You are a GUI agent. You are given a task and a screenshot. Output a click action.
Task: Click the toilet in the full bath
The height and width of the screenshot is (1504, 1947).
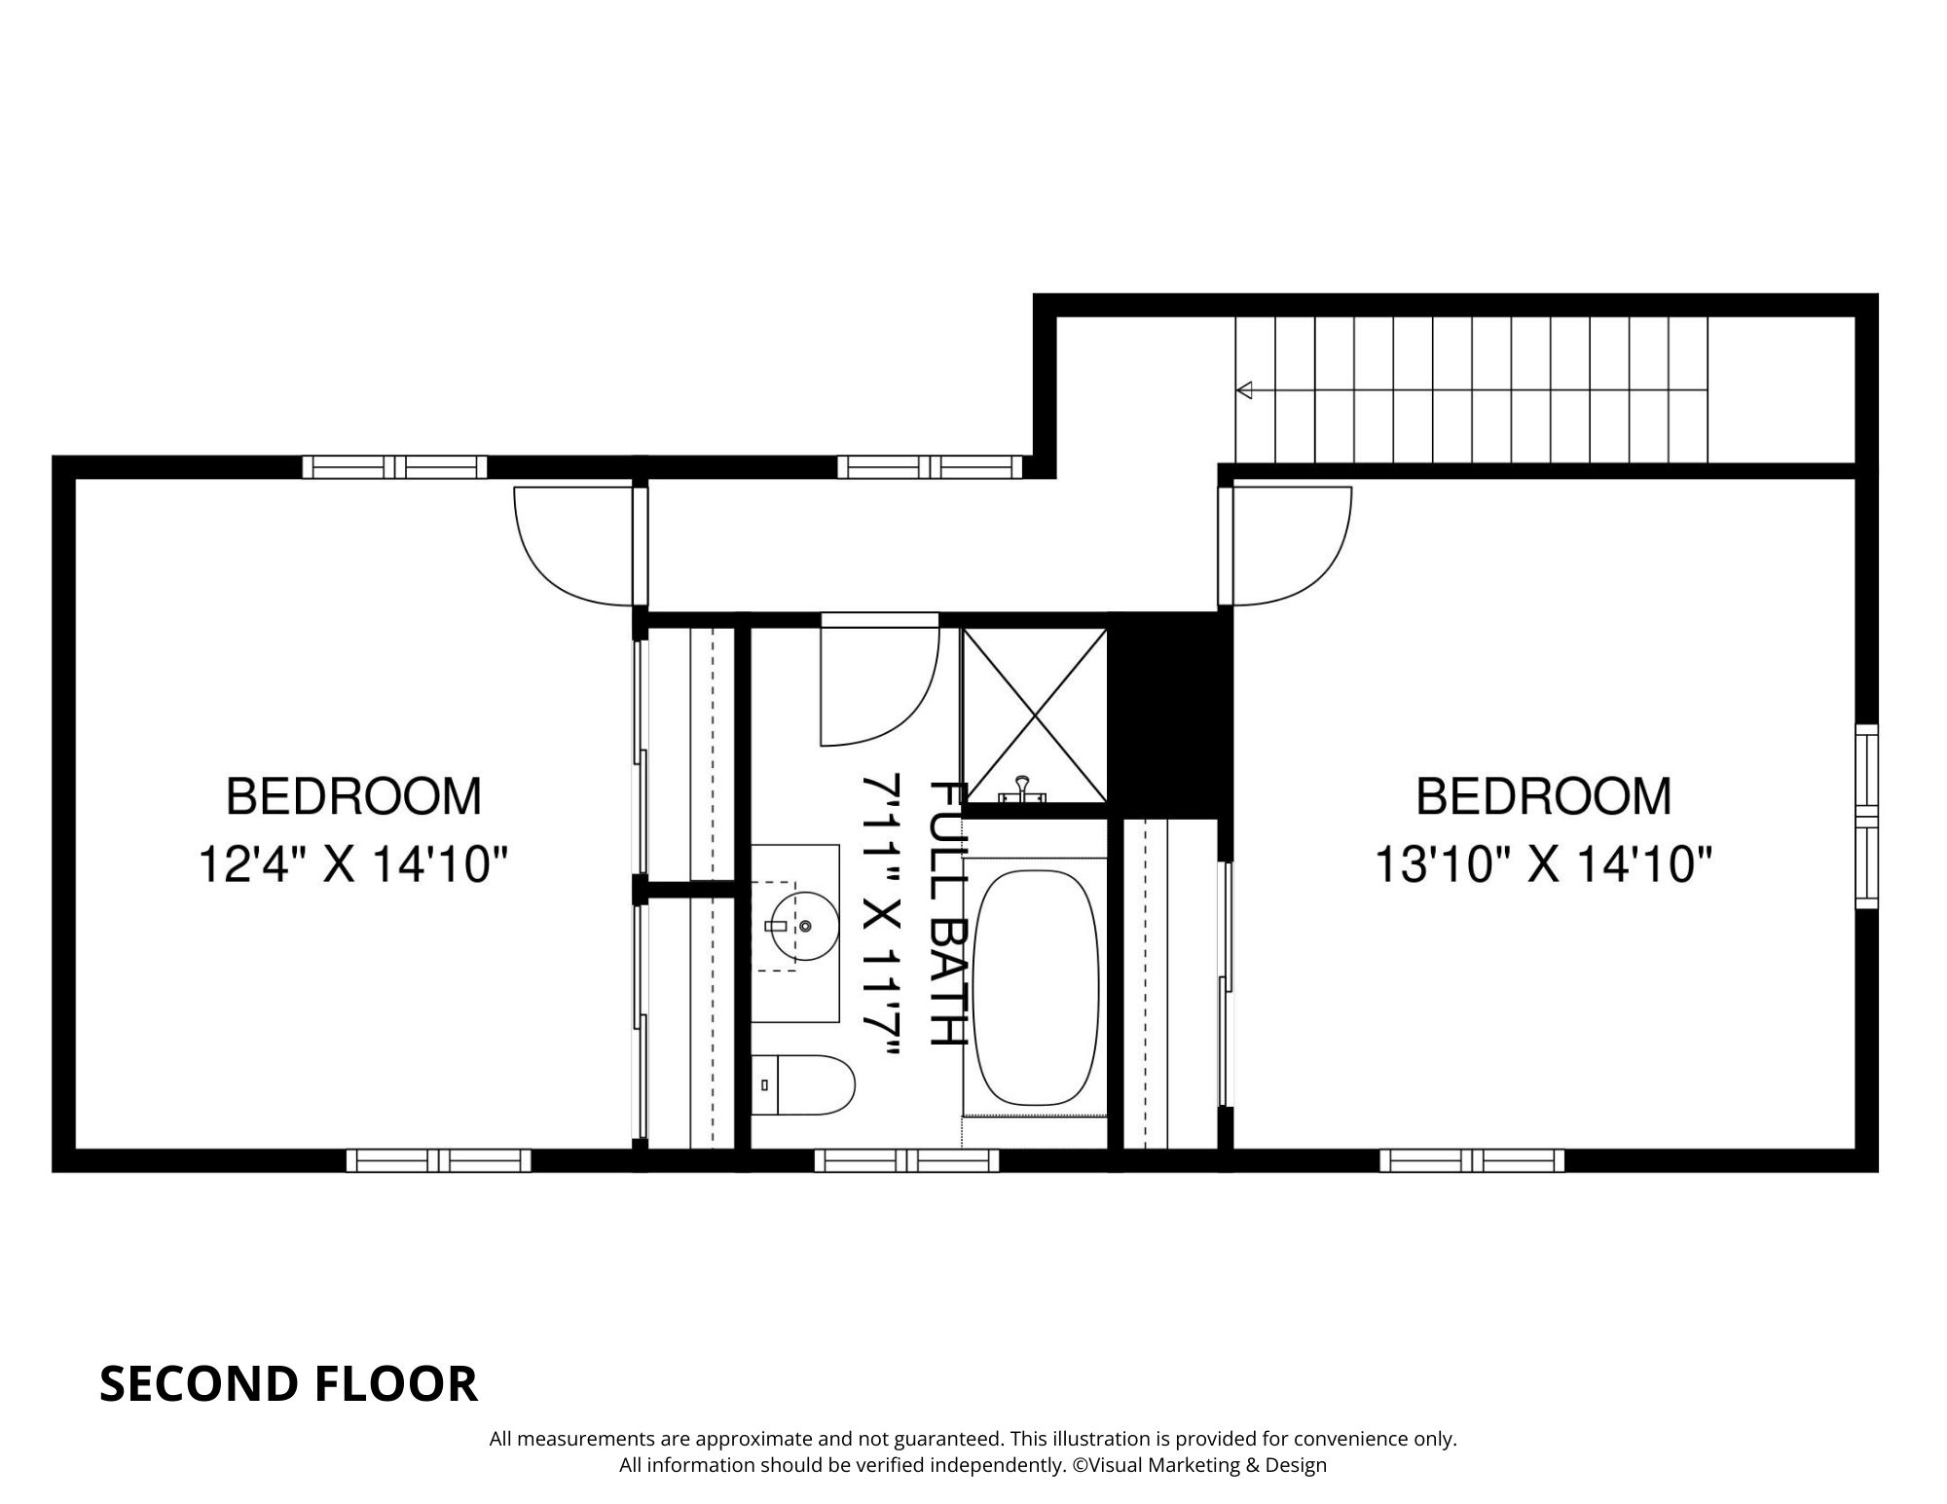tap(803, 1084)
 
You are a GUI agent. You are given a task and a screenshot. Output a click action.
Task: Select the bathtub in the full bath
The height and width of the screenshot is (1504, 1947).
tap(1037, 987)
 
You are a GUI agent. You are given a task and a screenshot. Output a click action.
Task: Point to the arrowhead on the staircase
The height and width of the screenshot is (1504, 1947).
tap(1244, 390)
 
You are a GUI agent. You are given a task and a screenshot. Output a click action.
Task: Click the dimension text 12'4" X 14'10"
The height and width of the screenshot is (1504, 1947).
tap(354, 864)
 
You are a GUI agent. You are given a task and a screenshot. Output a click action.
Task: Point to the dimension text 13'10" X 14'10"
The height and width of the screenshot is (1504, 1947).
tap(1543, 864)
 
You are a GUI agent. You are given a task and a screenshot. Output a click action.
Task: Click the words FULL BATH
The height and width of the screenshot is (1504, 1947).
tap(947, 913)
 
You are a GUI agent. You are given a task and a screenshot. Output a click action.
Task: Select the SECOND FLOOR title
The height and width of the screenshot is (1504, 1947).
tap(289, 1383)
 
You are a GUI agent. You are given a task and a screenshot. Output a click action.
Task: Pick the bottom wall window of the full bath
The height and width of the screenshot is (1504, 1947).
tap(906, 1160)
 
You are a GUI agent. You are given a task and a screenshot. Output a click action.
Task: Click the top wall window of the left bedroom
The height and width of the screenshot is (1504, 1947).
tap(394, 467)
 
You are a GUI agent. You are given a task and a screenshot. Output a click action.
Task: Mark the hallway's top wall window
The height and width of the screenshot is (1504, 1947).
tap(931, 467)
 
